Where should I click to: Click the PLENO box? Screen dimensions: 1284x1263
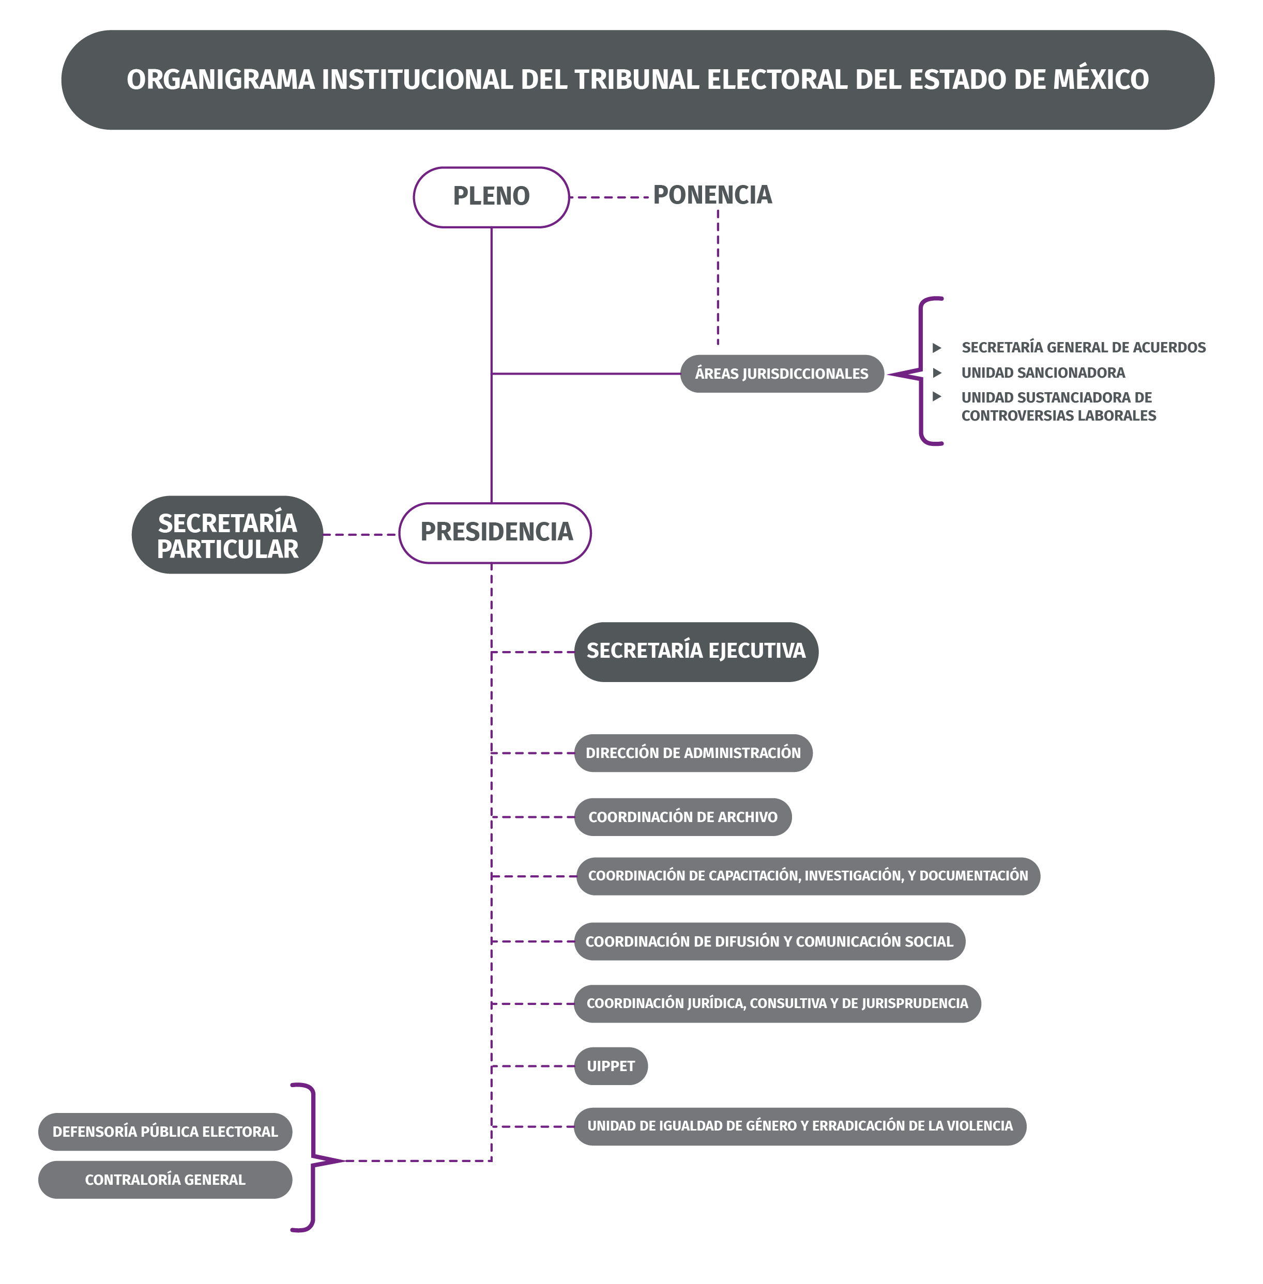pyautogui.click(x=491, y=197)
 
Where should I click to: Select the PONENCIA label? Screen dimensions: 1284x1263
pyautogui.click(x=712, y=195)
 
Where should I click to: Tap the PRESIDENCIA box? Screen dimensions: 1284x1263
pyautogui.click(x=495, y=533)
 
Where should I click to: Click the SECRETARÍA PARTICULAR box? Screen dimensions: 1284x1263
pyautogui.click(x=227, y=535)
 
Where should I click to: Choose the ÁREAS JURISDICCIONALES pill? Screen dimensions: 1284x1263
pyautogui.click(x=781, y=374)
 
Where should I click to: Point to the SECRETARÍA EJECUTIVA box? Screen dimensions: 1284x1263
pyautogui.click(x=696, y=652)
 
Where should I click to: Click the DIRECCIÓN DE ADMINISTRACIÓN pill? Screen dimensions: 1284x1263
pyautogui.click(x=693, y=753)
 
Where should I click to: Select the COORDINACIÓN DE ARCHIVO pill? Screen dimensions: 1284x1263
pyautogui.click(x=682, y=817)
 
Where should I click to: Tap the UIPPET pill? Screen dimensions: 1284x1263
pyautogui.click(x=610, y=1066)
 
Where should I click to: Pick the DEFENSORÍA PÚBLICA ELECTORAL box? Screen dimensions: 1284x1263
pyautogui.click(x=165, y=1132)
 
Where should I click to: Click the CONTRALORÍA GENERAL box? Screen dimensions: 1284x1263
pyautogui.click(x=165, y=1179)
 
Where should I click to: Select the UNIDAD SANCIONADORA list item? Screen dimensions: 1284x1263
pyautogui.click(x=1043, y=373)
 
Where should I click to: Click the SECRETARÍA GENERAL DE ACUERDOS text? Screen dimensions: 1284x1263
pyautogui.click(x=1083, y=347)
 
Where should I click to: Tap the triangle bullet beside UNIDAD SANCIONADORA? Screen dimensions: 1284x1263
pyautogui.click(x=937, y=373)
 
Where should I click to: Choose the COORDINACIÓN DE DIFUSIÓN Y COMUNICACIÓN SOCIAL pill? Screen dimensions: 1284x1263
pyautogui.click(x=769, y=941)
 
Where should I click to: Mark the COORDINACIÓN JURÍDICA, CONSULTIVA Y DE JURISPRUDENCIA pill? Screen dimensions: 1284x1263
pyautogui.click(x=777, y=1003)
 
